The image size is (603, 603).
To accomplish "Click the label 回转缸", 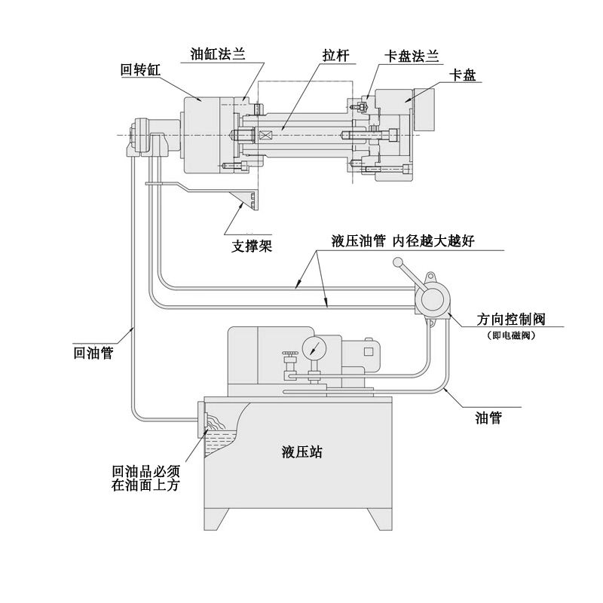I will [x=141, y=70].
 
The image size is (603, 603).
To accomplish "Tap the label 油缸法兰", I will [x=217, y=54].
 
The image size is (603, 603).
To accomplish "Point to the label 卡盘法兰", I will [x=412, y=57].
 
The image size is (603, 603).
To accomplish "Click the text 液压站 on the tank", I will [x=302, y=452].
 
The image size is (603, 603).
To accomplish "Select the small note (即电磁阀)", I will [x=511, y=335].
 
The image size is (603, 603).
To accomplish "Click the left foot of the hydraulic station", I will [x=217, y=519].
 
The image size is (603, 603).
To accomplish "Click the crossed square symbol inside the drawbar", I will [x=265, y=136].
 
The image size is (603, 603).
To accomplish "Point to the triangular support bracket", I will [x=246, y=200].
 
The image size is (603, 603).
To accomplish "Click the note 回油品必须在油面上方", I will [x=145, y=478].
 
